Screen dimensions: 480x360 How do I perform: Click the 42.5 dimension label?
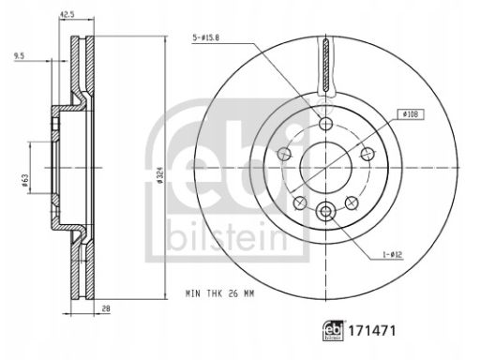(67, 14)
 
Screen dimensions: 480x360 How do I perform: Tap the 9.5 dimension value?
(19, 56)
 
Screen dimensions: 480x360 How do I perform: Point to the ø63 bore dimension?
(25, 181)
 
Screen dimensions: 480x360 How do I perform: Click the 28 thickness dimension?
(106, 308)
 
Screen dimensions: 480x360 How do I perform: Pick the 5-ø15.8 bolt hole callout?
(206, 38)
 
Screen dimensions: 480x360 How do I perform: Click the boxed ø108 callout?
(411, 114)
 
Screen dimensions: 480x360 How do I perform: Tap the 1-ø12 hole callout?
(393, 255)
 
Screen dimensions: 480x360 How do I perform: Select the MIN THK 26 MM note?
(220, 293)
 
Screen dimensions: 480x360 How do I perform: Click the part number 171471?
(372, 331)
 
